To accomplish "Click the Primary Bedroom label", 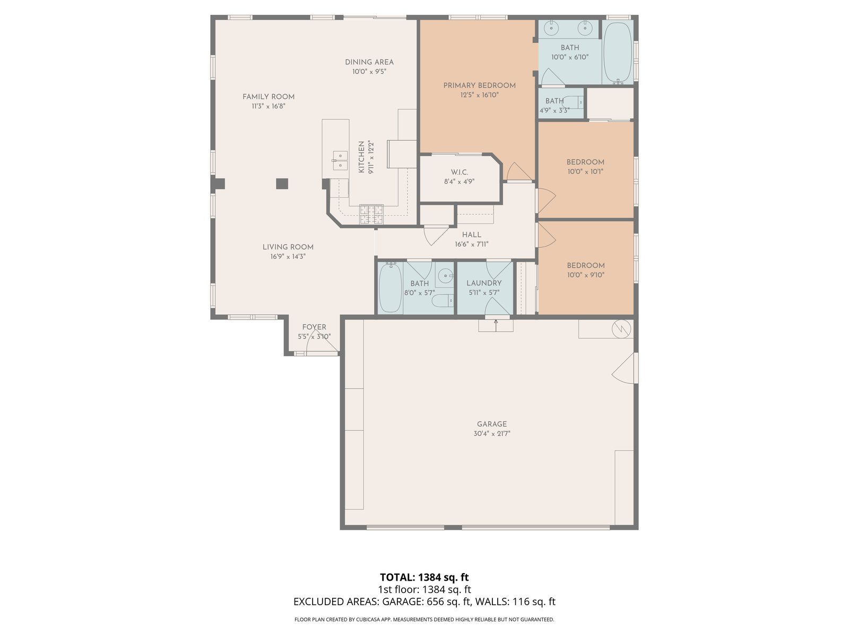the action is (479, 85).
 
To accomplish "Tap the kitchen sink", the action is (340, 160).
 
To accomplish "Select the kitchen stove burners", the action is (371, 214).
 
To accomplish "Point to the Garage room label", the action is (491, 424).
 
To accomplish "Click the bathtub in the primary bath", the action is (617, 52).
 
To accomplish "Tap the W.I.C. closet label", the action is (459, 172).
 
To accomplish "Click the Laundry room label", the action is (484, 283).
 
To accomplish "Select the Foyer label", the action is (314, 327).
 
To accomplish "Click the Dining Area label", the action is (369, 62).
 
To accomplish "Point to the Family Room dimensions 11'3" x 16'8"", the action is (268, 106).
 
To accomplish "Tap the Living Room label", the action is (288, 247).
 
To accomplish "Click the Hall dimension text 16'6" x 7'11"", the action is (472, 244).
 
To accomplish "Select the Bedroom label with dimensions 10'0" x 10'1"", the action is (585, 162).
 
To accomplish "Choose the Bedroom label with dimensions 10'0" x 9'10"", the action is (586, 265).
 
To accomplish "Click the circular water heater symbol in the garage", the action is (621, 330).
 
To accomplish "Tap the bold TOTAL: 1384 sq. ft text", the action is (424, 578).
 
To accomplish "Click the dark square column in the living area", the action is (282, 184).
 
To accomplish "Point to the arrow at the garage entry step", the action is (496, 325).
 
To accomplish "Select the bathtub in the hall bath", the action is (390, 288).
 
